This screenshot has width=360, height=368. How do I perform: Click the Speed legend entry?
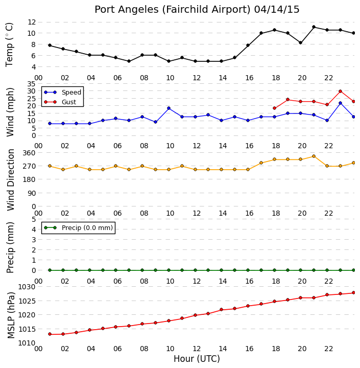tap(63, 92)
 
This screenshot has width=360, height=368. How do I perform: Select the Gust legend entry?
tap(60, 102)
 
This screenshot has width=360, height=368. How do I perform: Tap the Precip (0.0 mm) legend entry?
tap(79, 227)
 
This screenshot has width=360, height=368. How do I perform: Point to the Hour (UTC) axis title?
tap(197, 359)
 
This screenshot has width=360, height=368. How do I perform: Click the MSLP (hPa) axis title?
tap(11, 315)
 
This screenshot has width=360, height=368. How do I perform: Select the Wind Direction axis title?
tap(11, 180)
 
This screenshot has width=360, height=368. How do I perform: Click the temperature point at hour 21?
tap(314, 27)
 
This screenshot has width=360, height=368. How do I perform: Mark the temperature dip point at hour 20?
tap(300, 43)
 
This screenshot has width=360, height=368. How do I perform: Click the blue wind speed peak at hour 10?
tap(169, 108)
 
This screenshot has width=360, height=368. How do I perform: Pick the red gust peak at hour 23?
tap(340, 91)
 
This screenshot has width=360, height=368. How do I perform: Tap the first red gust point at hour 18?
tap(274, 108)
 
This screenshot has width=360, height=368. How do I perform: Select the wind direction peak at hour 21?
tap(314, 156)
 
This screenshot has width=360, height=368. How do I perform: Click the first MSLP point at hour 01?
tap(50, 334)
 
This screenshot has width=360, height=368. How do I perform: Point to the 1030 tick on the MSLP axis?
tap(27, 287)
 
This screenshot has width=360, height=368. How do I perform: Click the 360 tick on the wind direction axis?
tap(29, 153)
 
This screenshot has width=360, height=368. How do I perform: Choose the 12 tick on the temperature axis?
tap(32, 22)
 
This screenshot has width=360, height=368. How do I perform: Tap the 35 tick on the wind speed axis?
tap(32, 84)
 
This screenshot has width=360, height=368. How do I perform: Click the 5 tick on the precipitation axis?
tap(34, 219)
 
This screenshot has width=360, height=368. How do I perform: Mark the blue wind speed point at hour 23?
tap(340, 103)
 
